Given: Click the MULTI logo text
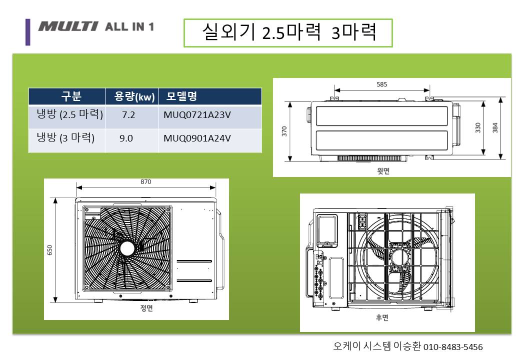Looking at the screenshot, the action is (x=67, y=26).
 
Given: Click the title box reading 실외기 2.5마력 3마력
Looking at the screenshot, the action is (x=288, y=33).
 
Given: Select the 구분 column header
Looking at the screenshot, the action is (x=71, y=96).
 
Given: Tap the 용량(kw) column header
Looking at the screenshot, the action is (x=134, y=96).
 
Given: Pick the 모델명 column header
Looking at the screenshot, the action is (x=181, y=96).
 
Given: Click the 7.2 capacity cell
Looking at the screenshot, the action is (x=128, y=114).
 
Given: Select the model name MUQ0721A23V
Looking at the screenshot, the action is (x=197, y=114).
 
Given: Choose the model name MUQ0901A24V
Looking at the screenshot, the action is (x=197, y=138).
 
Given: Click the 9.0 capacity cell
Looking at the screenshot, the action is (x=126, y=138).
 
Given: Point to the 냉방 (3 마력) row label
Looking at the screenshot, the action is (x=65, y=137).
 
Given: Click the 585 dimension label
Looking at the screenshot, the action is (x=381, y=84).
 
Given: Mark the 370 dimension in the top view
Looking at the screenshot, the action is (x=284, y=131).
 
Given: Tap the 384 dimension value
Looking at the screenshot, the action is (x=495, y=127).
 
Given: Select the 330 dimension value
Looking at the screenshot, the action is (x=477, y=127).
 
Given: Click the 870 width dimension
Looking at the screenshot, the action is (x=145, y=181).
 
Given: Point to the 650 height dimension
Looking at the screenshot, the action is (x=49, y=250).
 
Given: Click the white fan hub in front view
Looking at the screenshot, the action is (x=127, y=248).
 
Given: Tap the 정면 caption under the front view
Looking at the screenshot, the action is (x=146, y=308).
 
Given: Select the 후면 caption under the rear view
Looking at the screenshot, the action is (x=382, y=317).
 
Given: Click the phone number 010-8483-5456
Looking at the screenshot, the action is (x=453, y=347).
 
